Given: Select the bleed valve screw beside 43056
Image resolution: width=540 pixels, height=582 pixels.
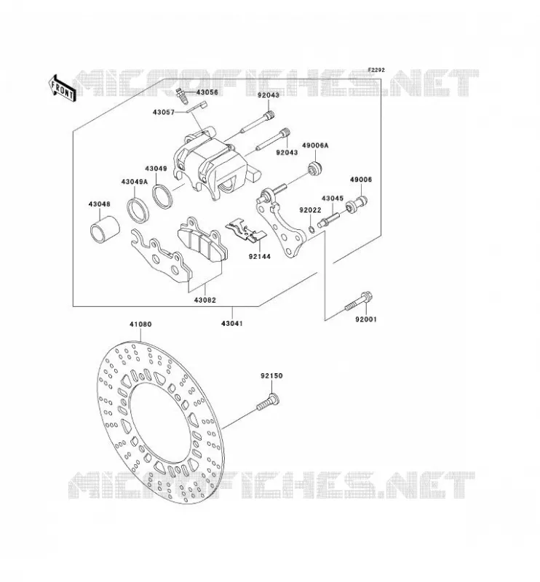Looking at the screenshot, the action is (x=182, y=96).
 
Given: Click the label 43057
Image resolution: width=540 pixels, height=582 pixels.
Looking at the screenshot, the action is (x=164, y=112).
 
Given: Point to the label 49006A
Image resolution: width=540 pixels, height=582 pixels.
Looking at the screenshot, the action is (x=315, y=145).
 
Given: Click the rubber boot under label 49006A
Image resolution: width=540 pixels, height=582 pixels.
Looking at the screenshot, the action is (x=316, y=168).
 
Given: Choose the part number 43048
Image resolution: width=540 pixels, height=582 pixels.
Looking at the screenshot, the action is (x=99, y=204).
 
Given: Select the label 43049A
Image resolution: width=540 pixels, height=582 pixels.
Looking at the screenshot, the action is (x=134, y=181).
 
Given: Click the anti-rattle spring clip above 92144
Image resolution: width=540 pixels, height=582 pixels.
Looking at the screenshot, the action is (x=246, y=230).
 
